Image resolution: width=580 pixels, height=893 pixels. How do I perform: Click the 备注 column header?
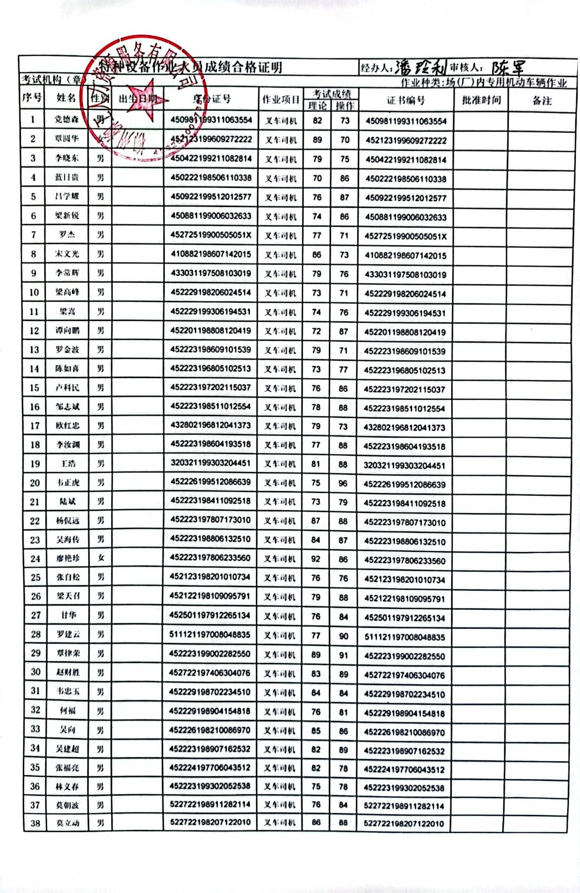pyautogui.click(x=541, y=100)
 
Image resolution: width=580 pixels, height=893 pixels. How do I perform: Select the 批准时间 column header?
pyautogui.click(x=481, y=100)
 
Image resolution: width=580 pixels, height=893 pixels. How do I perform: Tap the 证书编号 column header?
pyautogui.click(x=406, y=100)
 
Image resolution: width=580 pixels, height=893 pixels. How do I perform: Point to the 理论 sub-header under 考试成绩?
pyautogui.click(x=317, y=106)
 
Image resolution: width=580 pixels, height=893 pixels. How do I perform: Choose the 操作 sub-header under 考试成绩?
pyautogui.click(x=345, y=106)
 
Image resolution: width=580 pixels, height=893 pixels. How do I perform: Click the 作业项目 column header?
pyautogui.click(x=280, y=100)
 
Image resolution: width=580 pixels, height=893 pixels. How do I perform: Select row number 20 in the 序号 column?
pyautogui.click(x=35, y=483)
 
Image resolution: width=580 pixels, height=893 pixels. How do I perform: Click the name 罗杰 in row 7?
pyautogui.click(x=67, y=234)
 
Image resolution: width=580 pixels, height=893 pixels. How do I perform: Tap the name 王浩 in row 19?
pyautogui.click(x=68, y=464)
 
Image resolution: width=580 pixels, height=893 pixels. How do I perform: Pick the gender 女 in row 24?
pyautogui.click(x=100, y=558)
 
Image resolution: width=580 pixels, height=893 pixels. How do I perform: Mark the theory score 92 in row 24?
pyautogui.click(x=316, y=559)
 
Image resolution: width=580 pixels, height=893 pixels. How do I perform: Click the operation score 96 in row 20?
pyautogui.click(x=343, y=483)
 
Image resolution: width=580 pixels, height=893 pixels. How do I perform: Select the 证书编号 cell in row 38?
pyautogui.click(x=404, y=824)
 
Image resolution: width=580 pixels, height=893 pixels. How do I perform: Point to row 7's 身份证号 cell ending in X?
pyautogui.click(x=211, y=235)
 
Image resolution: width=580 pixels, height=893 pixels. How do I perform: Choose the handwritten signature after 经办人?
pyautogui.click(x=420, y=68)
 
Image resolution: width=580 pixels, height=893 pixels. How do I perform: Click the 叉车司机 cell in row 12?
pyautogui.click(x=280, y=331)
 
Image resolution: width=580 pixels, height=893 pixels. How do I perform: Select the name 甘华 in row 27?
pyautogui.click(x=68, y=615)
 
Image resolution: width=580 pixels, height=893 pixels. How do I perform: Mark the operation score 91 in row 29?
pyautogui.click(x=343, y=655)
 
